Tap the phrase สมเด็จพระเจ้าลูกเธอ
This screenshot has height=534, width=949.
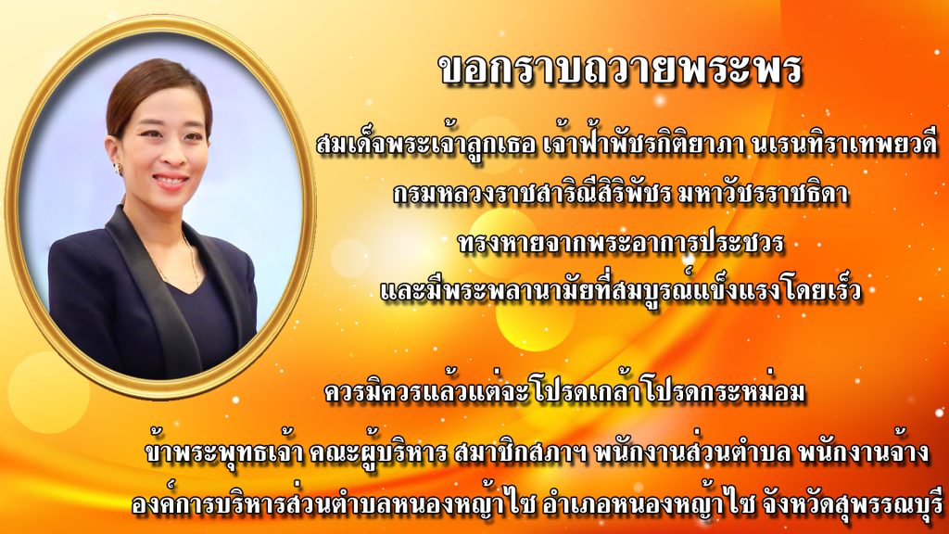[x=426, y=146]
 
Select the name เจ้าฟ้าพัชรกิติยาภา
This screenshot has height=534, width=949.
[x=644, y=146]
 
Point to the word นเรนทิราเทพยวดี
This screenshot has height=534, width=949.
[x=845, y=146]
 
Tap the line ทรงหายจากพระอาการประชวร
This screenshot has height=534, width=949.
[x=621, y=244]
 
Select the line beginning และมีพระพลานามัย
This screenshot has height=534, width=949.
[x=620, y=290]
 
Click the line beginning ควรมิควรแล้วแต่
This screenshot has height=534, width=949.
[x=564, y=392]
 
